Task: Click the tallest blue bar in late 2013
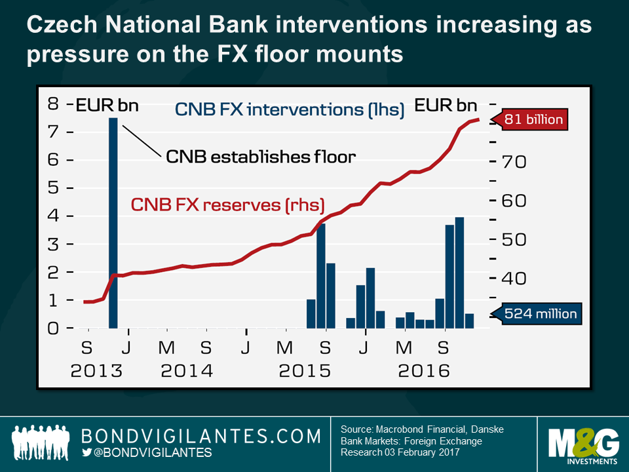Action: (113, 223)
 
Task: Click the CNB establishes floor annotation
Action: (260, 157)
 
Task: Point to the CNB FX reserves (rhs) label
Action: (227, 204)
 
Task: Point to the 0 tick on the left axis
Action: (53, 328)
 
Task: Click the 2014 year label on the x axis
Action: (187, 370)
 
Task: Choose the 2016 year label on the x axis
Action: (423, 370)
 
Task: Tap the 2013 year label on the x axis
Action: (96, 370)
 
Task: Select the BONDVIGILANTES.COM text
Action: (201, 436)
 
